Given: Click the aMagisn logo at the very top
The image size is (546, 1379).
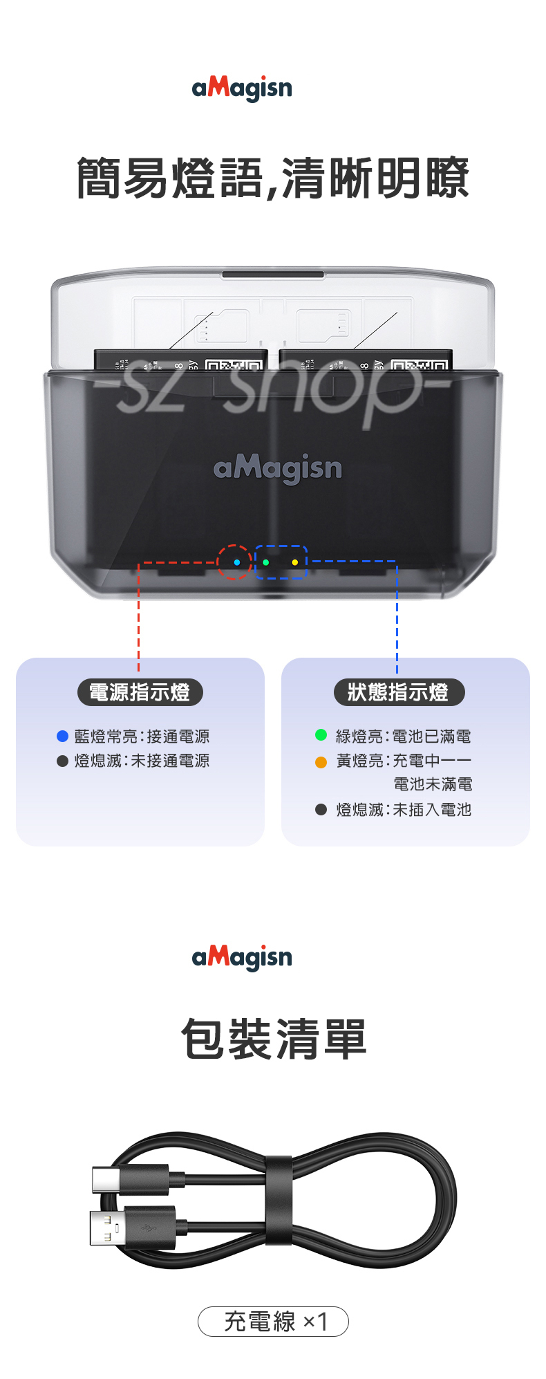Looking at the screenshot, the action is pyautogui.click(x=242, y=89).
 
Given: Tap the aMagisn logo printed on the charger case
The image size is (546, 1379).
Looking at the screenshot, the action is pyautogui.click(x=278, y=469).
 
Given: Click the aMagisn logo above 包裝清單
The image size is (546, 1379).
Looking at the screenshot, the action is pyautogui.click(x=242, y=957).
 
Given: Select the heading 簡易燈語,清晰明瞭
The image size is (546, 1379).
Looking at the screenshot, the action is pyautogui.click(x=273, y=178).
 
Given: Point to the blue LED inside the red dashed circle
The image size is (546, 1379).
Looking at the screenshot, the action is pyautogui.click(x=237, y=562).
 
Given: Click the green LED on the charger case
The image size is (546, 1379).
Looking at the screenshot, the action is pyautogui.click(x=266, y=562).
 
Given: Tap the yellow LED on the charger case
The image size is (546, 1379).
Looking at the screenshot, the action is pyautogui.click(x=295, y=562).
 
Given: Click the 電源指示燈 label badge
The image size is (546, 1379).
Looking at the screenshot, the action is pyautogui.click(x=140, y=692).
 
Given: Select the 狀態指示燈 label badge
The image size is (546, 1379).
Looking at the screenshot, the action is pyautogui.click(x=398, y=692).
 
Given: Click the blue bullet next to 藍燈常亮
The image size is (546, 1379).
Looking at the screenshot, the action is pyautogui.click(x=62, y=737).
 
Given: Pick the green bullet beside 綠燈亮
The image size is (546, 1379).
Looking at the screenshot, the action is pyautogui.click(x=321, y=735).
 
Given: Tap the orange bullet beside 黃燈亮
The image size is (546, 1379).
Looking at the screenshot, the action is pyautogui.click(x=321, y=762).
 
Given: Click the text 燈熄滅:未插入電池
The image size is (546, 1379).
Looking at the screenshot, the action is pyautogui.click(x=404, y=810).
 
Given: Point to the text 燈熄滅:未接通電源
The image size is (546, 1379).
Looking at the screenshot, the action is pyautogui.click(x=142, y=761).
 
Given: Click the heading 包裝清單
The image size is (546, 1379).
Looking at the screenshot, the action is pyautogui.click(x=273, y=1039).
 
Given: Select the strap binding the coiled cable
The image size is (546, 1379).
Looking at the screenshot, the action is pyautogui.click(x=279, y=1200).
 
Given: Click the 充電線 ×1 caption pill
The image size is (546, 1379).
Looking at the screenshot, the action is pyautogui.click(x=274, y=1322).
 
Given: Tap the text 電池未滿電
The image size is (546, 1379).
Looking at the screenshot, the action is pyautogui.click(x=433, y=784).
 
